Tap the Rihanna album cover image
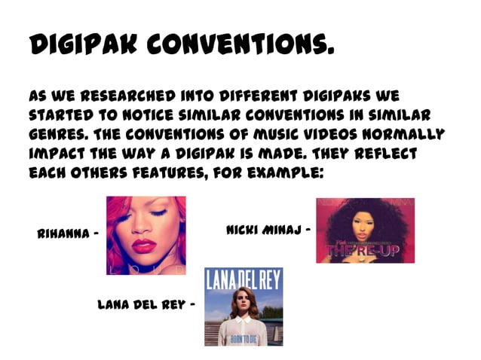click(x=146, y=235)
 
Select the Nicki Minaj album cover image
click(x=365, y=230)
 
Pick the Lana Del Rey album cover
click(x=244, y=307)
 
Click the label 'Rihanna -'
click(x=68, y=233)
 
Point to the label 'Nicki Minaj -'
click(x=268, y=228)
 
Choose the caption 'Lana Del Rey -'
click(x=146, y=306)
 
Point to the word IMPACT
click(x=57, y=154)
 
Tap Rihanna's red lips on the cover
click(x=143, y=246)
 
